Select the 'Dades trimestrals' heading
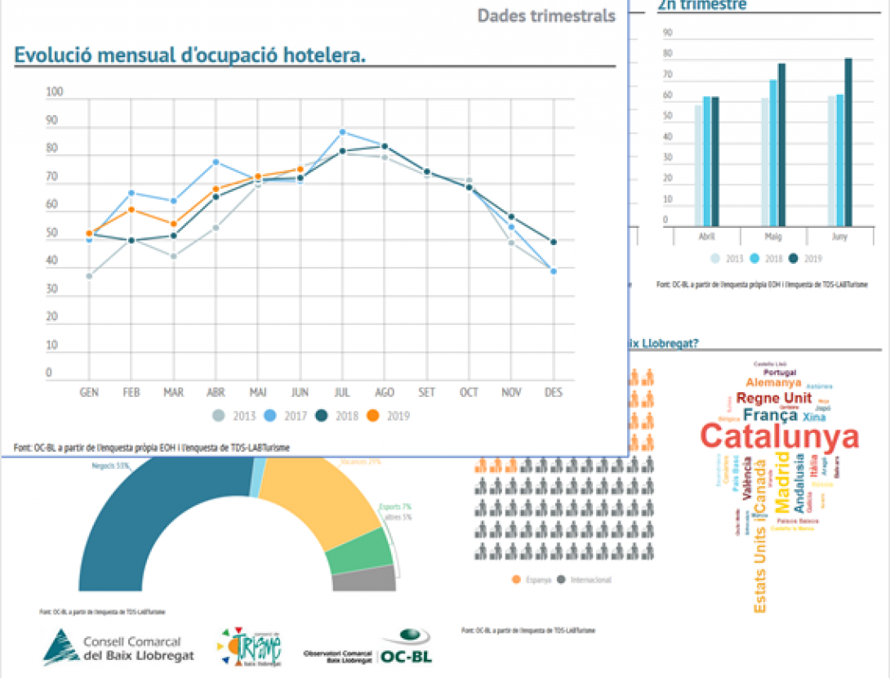[546, 16]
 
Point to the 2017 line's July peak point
[343, 132]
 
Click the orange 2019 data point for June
[300, 170]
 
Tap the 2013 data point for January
[89, 276]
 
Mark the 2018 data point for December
[554, 242]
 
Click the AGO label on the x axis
[384, 392]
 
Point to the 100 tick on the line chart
[55, 92]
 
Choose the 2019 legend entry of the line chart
[389, 416]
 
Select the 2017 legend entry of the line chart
[288, 416]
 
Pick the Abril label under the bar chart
[707, 236]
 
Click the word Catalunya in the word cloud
[780, 437]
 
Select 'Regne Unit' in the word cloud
[774, 398]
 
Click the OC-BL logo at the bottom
[406, 647]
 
